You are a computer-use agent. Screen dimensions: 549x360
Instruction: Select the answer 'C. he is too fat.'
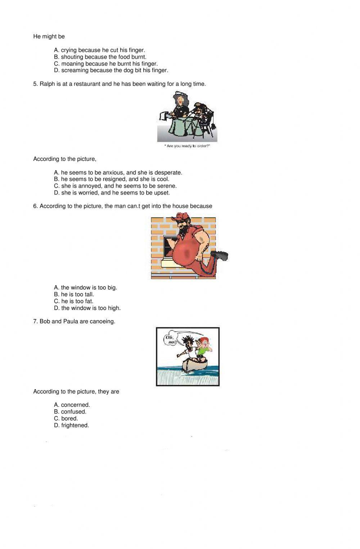point(73,301)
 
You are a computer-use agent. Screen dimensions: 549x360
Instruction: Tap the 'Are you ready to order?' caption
point(187,146)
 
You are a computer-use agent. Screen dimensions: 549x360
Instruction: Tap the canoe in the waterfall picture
point(195,366)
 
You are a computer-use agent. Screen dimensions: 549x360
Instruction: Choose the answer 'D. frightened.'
point(71,425)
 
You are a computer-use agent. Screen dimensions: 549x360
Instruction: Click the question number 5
point(35,84)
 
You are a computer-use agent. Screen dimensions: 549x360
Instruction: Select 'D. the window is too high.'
point(87,308)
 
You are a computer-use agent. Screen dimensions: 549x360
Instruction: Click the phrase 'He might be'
point(49,36)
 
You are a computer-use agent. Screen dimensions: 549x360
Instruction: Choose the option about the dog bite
point(111,70)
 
